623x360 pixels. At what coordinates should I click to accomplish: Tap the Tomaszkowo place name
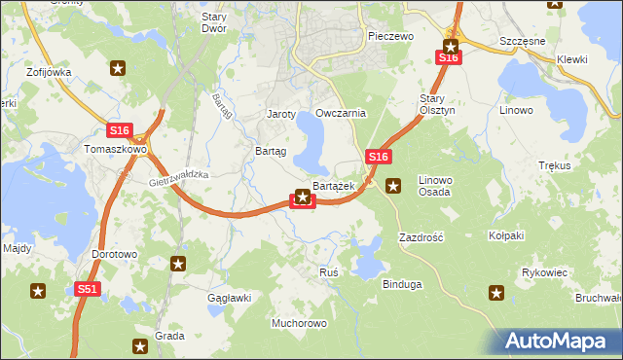pos(115,150)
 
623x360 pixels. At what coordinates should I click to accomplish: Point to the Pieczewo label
pos(391,36)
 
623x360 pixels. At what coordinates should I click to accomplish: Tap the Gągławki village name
pos(230,297)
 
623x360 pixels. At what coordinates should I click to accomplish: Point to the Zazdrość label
pos(421,237)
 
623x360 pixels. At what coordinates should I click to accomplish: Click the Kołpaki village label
pos(506,235)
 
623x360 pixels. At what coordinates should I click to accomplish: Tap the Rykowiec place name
pos(544,272)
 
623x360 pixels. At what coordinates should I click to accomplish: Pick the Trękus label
pos(553,165)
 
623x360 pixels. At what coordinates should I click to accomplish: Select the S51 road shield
pos(88,289)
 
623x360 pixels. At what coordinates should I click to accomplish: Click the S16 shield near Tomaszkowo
pos(119,130)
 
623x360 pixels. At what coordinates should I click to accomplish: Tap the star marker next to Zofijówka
pos(118,68)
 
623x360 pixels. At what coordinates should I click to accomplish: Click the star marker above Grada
pos(142,344)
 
